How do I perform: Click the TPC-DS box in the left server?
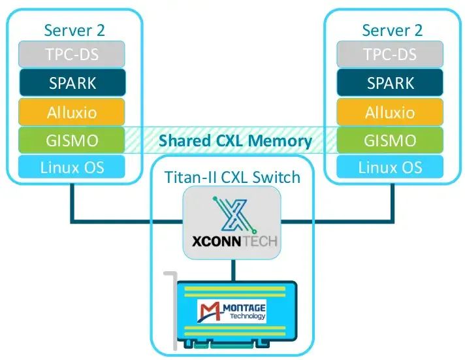point(72,54)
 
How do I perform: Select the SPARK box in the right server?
point(390,83)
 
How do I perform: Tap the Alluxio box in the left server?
point(72,112)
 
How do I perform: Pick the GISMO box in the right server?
point(390,140)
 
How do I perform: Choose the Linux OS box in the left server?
point(72,167)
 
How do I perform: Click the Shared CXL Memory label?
point(235,140)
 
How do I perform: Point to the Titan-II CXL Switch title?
point(232,176)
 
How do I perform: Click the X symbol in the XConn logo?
point(232,214)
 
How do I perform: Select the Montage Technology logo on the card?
point(232,308)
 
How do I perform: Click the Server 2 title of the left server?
point(74,30)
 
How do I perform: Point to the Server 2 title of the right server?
point(392,30)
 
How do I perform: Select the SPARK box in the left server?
point(72,83)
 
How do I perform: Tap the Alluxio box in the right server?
point(390,112)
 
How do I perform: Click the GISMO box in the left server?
point(72,140)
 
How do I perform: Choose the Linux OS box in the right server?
point(390,167)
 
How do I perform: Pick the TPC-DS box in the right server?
point(390,54)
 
